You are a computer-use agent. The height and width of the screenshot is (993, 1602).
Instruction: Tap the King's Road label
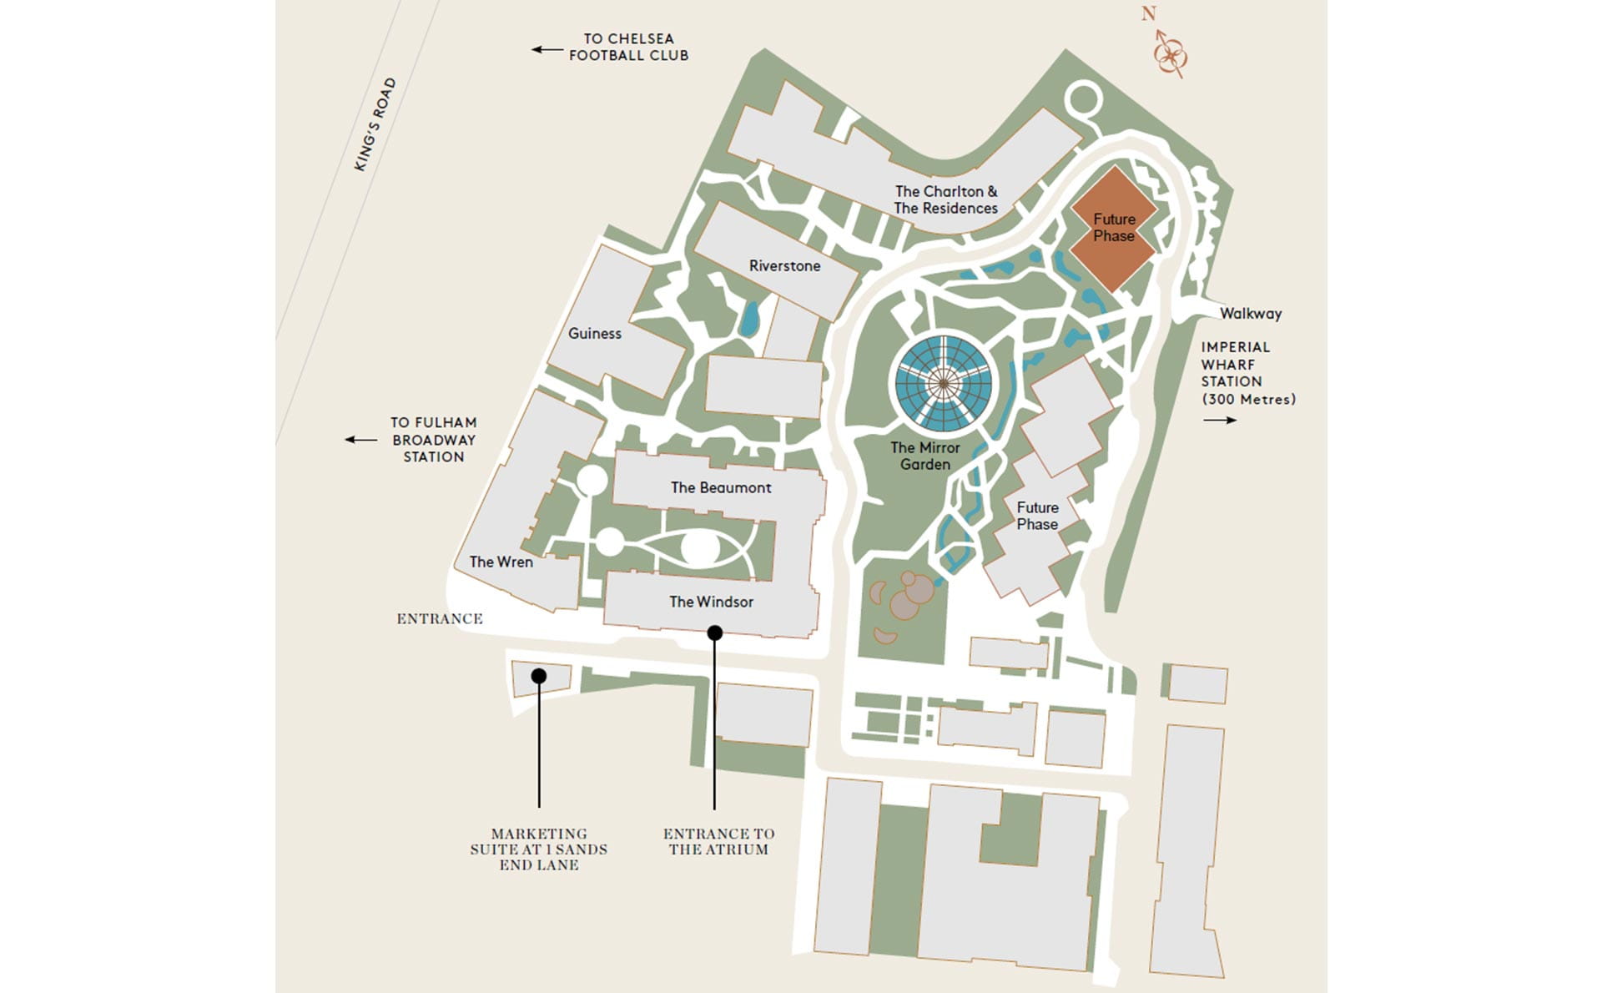point(375,125)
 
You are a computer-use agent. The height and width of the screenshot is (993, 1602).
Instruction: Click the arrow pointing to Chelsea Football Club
point(547,49)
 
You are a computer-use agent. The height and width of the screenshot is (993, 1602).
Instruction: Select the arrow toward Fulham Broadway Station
point(360,440)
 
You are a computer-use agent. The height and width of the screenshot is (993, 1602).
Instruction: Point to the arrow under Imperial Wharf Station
point(1219,420)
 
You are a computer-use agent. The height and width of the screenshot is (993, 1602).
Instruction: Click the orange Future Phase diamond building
point(1114,228)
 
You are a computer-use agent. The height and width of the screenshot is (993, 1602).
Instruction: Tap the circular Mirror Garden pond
point(943,384)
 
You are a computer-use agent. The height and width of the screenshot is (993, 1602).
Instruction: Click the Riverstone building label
point(784,266)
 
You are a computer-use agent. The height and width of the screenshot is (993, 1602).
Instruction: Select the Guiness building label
point(595,334)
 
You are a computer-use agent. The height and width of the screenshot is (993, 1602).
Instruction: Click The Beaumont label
point(721,488)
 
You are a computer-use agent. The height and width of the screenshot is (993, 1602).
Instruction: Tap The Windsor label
point(711,602)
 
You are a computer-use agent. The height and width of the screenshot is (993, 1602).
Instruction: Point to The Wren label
point(501,562)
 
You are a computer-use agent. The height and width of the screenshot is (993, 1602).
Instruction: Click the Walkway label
point(1250,314)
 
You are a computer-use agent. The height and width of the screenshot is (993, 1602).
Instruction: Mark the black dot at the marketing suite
point(539,675)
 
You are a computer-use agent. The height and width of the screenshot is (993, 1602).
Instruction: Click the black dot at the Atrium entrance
point(714,633)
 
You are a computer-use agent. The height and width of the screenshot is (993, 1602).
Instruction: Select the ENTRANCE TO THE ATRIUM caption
point(718,841)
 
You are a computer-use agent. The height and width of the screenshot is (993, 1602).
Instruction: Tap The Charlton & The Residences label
point(945,200)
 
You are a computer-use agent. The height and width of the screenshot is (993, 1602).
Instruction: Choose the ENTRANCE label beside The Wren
point(440,619)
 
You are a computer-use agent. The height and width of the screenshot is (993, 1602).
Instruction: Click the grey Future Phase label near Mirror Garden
point(1037,516)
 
